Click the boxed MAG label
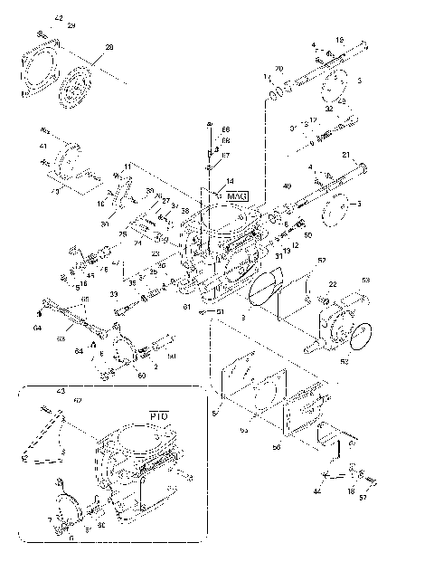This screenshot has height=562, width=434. click(237, 196)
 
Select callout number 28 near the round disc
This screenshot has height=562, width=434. click(109, 47)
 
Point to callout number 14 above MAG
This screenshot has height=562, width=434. click(230, 181)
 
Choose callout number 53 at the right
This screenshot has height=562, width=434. click(366, 280)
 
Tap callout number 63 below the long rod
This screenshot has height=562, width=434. click(62, 338)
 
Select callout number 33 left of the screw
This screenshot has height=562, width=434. click(114, 294)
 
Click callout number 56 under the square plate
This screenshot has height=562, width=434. click(278, 447)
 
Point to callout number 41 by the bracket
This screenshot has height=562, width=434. click(42, 146)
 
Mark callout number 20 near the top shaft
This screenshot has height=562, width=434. click(278, 69)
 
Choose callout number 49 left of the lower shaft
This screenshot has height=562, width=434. click(286, 186)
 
